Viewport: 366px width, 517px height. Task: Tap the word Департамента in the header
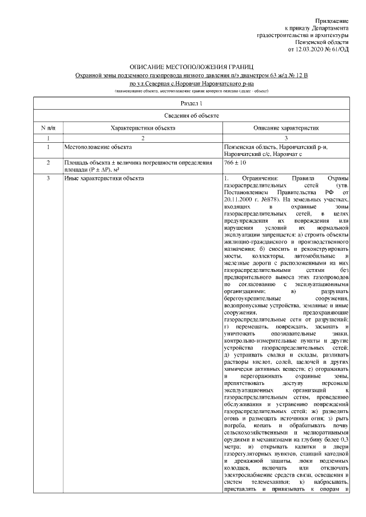[x=327, y=27]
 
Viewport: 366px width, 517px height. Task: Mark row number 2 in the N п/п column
[x=47, y=163]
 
